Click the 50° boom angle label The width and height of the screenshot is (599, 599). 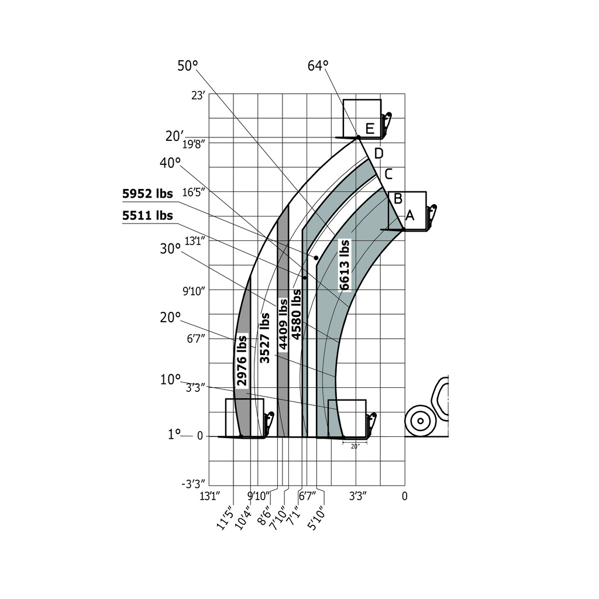point(188,66)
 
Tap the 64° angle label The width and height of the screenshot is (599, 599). point(318,66)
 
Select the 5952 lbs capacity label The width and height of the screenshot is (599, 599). point(147,194)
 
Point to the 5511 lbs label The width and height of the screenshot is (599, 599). point(147,215)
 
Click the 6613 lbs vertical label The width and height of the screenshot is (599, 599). point(344,265)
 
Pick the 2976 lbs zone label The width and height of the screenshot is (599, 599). point(242,360)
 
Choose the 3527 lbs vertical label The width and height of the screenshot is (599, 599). point(264,338)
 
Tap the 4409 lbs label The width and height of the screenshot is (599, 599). point(283,324)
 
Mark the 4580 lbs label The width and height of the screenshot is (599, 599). point(296,314)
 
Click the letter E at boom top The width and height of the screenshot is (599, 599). point(370,128)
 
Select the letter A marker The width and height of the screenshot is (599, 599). point(409,215)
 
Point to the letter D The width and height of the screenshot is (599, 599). point(378,154)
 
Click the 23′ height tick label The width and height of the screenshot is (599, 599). point(199,95)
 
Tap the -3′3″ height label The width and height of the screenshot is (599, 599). point(193,484)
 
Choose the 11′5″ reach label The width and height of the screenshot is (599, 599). point(225,518)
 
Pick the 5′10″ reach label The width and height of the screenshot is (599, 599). point(316,518)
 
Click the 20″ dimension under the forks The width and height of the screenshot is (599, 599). point(355,446)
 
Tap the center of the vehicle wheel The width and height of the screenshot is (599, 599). point(420,421)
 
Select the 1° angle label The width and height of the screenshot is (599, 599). point(174,435)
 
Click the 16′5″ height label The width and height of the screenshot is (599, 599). point(194,192)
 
